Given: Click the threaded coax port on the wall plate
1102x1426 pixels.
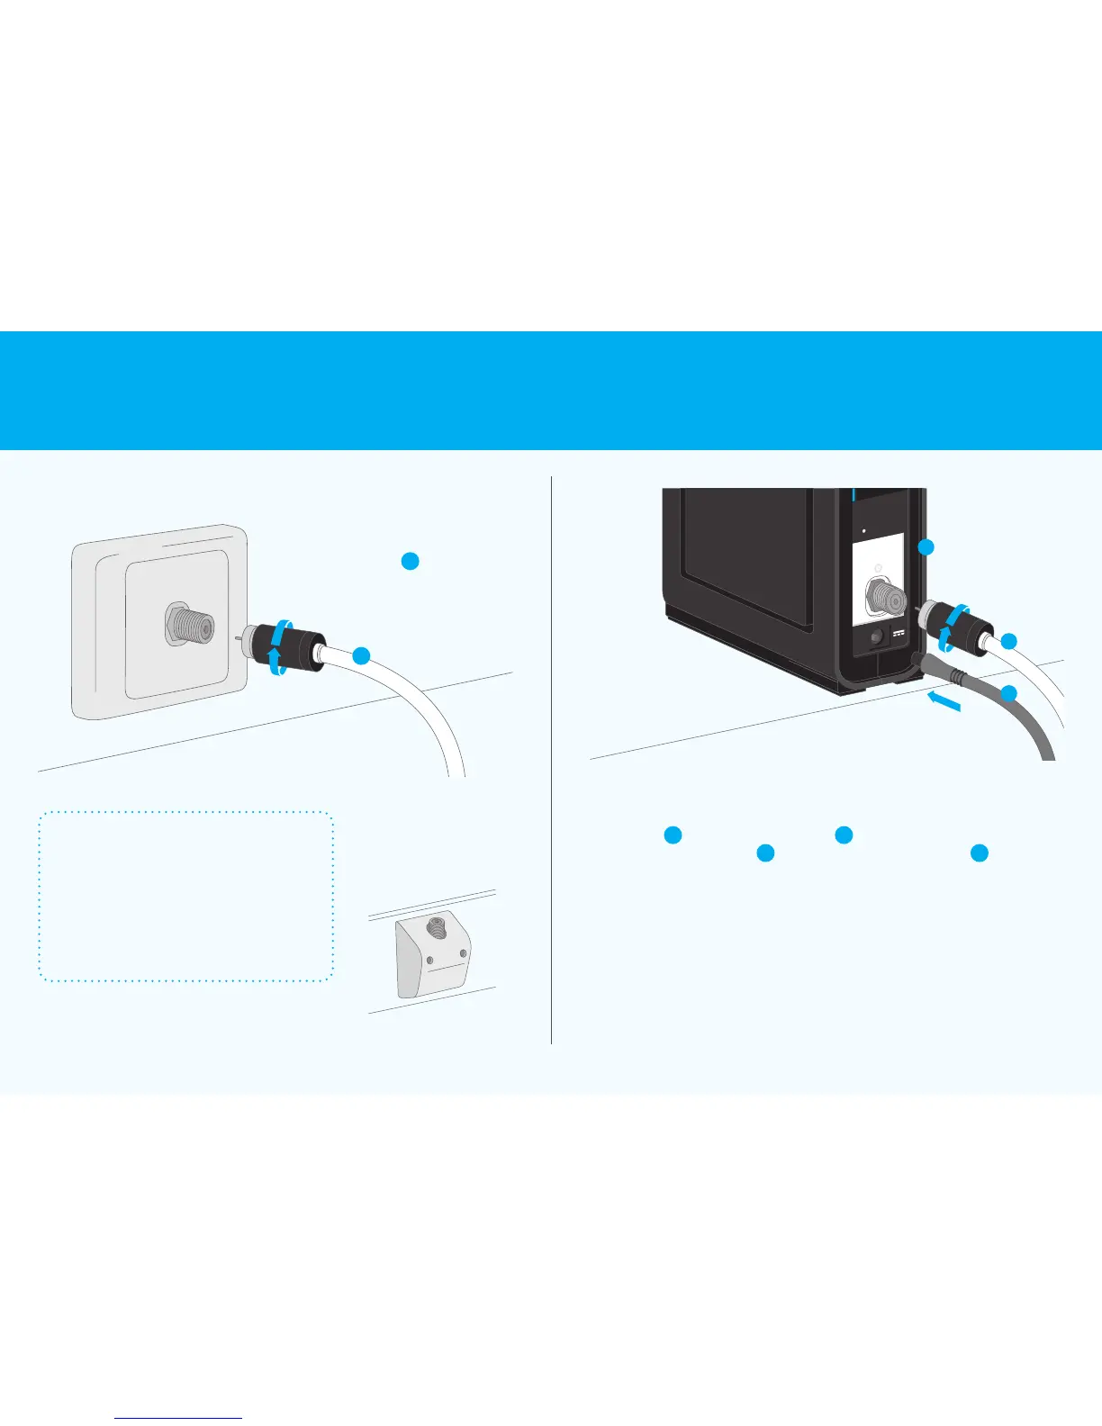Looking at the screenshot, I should (x=188, y=624).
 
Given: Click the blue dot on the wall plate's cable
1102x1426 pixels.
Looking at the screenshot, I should (x=360, y=656).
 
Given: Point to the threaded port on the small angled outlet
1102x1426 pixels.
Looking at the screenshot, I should (x=438, y=925).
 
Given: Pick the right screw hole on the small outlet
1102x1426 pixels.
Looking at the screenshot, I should (x=463, y=952).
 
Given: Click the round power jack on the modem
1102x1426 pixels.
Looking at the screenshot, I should (x=875, y=637).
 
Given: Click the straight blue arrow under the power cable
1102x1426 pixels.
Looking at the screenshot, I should (x=943, y=700).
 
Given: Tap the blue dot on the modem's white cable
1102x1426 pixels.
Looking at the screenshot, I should (x=1008, y=641).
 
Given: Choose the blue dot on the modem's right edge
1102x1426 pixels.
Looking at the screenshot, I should (x=927, y=547).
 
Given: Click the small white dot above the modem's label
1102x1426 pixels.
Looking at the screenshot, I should (x=864, y=530).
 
